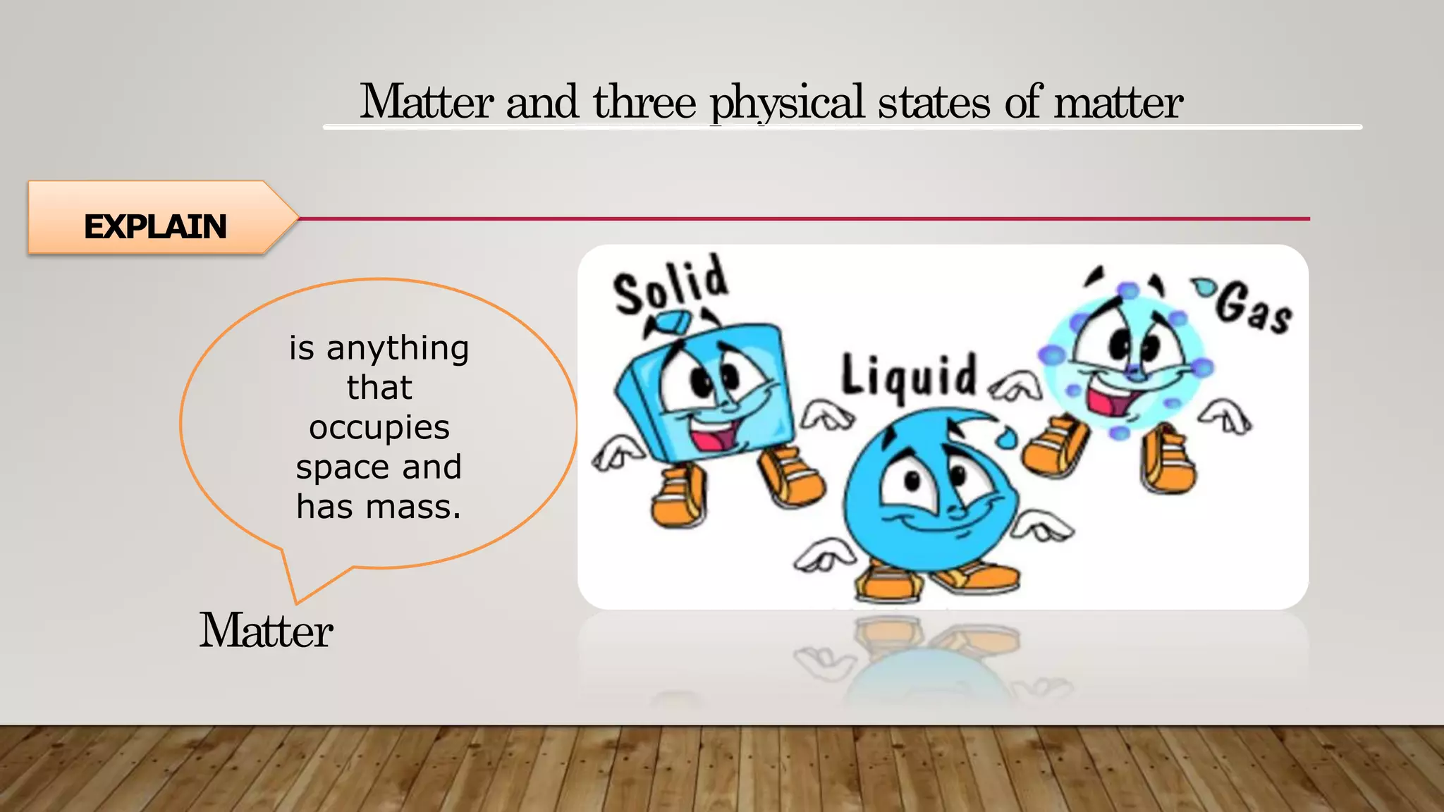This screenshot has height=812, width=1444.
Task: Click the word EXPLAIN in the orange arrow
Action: click(155, 226)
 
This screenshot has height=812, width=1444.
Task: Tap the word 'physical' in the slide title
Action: click(787, 103)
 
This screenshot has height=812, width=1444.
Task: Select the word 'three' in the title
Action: click(644, 103)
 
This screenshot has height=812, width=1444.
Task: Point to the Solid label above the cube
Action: click(670, 285)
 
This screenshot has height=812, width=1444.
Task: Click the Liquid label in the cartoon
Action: click(909, 377)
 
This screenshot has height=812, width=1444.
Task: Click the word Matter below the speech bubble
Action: click(266, 630)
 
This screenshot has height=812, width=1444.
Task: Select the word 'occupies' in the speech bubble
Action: click(379, 428)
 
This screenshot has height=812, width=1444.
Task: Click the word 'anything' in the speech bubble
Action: click(398, 349)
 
